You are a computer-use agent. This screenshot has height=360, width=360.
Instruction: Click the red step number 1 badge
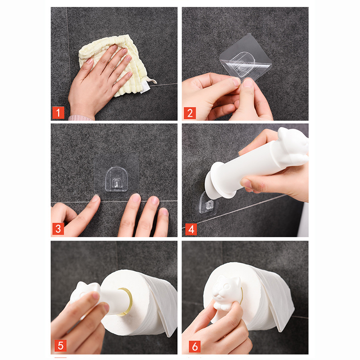pos(58,113)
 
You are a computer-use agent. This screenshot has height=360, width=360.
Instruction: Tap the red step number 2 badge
pos(189,113)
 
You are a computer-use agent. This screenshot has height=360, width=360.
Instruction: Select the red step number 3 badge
pos(58,229)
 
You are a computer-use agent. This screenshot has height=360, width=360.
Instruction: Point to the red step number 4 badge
pos(191,229)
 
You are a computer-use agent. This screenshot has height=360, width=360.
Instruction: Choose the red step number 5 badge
pos(60,346)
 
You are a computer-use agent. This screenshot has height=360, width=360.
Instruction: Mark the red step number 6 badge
pos(195,346)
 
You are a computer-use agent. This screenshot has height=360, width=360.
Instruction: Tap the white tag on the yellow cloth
pos(145,87)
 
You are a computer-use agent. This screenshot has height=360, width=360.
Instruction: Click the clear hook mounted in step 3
pos(117,180)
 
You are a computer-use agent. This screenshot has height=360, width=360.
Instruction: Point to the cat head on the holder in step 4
pos(293,147)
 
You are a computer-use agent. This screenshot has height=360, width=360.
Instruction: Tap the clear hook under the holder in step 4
pos(207,203)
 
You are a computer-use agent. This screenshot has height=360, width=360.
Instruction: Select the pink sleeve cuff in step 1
pos(81,118)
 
